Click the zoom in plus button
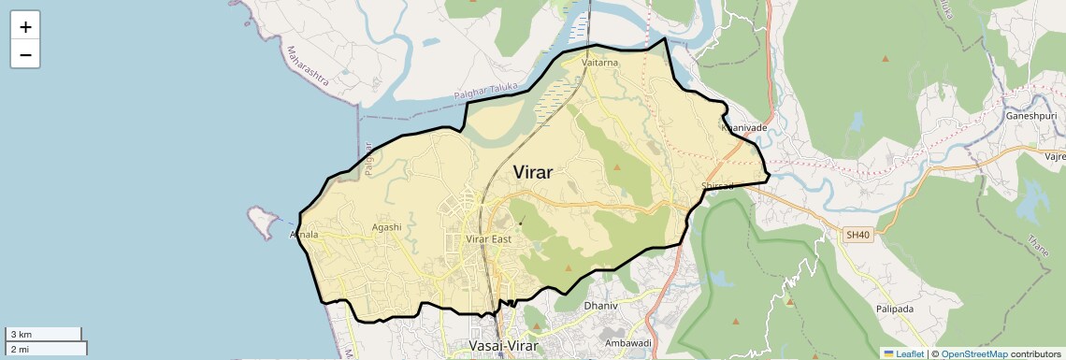pos(25,27)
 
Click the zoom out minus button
pos(25,55)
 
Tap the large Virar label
pos(533,172)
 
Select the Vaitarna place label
pos(600,63)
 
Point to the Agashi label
pos(386,226)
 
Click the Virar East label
pos(489,239)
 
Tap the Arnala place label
pos(305,234)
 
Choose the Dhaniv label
pos(601,306)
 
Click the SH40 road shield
pos(857,235)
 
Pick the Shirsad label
pos(718,186)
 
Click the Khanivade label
pos(744,127)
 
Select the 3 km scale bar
pos(44,334)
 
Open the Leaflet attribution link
pos(903,353)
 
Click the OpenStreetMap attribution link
pos(973,353)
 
